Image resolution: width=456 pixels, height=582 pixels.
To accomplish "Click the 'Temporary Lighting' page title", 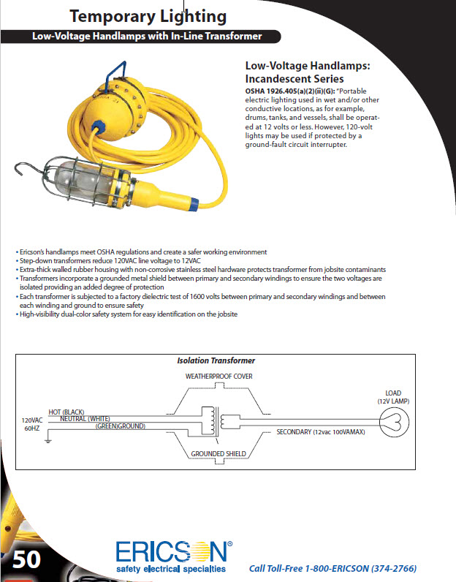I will tap(148, 16).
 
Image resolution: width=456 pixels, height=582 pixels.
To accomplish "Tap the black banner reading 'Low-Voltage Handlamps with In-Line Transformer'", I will tap(147, 36).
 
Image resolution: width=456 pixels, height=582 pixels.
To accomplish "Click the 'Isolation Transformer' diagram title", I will tap(216, 360).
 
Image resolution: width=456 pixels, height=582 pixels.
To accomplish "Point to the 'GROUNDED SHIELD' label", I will tap(218, 453).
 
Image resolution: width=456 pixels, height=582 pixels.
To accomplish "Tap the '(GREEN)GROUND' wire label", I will tap(120, 426).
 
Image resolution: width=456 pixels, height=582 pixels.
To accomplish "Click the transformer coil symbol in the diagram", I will tap(218, 421).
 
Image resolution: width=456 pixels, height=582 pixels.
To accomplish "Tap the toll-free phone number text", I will tap(338, 568).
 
